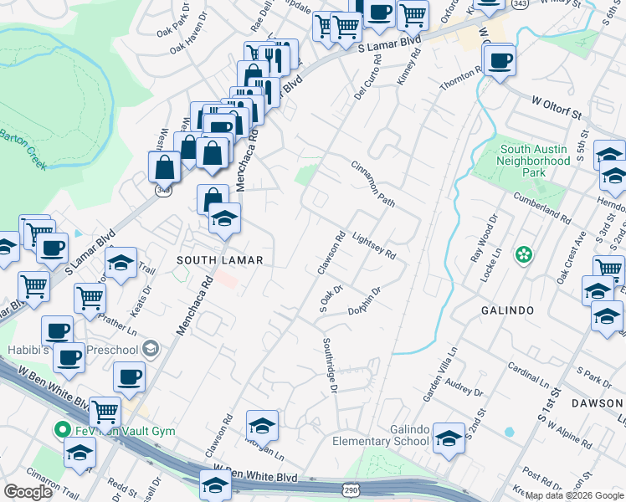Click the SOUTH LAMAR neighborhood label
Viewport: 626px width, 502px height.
(220, 261)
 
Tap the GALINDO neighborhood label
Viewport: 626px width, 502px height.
(507, 310)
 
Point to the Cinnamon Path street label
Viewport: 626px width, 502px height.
(372, 184)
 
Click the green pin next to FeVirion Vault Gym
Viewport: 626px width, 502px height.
(61, 431)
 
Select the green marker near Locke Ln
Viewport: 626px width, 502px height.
(524, 254)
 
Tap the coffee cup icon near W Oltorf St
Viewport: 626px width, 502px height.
(500, 60)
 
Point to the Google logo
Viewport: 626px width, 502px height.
(28, 491)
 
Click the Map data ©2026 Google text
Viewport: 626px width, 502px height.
(573, 495)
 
